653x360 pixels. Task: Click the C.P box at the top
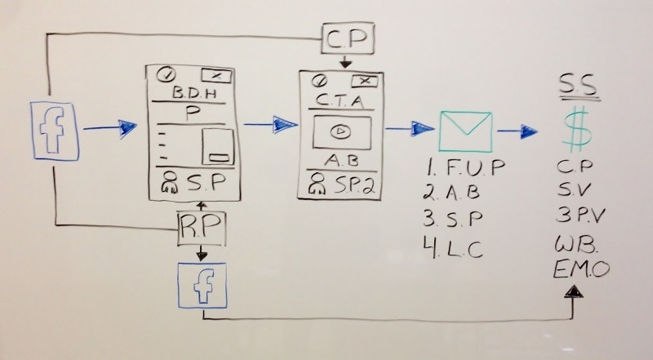(348, 38)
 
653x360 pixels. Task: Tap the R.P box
(202, 228)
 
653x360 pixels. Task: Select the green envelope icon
(465, 131)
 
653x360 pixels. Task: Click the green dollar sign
(577, 129)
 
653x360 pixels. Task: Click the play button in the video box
(340, 131)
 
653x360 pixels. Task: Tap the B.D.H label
(194, 92)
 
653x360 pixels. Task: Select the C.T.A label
(340, 100)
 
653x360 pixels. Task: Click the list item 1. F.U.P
(465, 167)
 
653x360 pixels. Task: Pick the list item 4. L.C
(453, 248)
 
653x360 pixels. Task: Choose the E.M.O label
(581, 269)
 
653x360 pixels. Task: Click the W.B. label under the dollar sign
(576, 244)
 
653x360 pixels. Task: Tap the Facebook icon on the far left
(55, 131)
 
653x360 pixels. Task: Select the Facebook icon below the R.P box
(202, 286)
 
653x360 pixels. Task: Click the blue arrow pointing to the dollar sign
(517, 131)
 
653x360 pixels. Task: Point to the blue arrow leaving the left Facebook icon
(110, 128)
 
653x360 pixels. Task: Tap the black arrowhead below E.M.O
(574, 291)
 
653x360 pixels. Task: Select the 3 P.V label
(580, 215)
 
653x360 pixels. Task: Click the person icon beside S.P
(170, 183)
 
